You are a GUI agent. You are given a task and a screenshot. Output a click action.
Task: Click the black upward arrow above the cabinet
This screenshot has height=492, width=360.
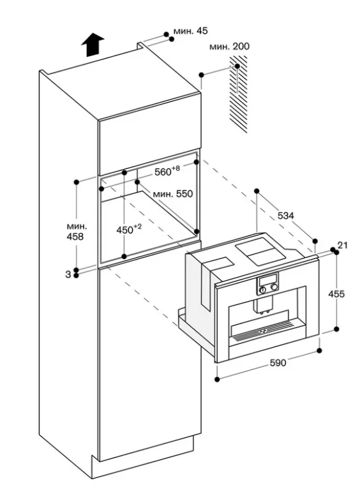(93, 45)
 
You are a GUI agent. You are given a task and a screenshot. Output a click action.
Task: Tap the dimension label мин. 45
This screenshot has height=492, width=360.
(190, 31)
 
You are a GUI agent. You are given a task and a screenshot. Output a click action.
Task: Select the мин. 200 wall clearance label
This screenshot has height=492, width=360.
(229, 47)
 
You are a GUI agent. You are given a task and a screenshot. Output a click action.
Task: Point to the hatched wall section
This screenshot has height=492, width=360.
(238, 94)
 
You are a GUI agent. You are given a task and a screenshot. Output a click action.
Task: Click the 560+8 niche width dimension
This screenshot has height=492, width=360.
(167, 171)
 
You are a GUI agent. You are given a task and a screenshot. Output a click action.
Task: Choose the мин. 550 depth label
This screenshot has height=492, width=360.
(173, 193)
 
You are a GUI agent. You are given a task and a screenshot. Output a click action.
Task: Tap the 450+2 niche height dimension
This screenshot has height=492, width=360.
(129, 229)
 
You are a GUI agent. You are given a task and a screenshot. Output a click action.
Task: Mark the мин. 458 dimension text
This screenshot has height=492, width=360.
(75, 231)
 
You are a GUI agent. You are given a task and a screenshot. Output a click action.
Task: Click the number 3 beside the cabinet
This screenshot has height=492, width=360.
(68, 274)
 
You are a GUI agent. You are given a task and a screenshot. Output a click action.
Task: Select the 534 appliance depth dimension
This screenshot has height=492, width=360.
(286, 216)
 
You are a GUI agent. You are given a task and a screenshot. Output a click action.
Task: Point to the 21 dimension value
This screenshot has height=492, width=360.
(342, 245)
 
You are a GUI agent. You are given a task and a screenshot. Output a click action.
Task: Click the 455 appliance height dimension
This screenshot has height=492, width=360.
(336, 294)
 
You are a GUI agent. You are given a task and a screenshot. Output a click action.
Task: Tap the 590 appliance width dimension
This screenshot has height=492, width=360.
(278, 362)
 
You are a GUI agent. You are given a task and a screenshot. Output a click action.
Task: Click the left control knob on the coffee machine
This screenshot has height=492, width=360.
(263, 289)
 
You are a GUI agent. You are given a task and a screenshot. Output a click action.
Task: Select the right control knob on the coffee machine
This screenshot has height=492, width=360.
(274, 287)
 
